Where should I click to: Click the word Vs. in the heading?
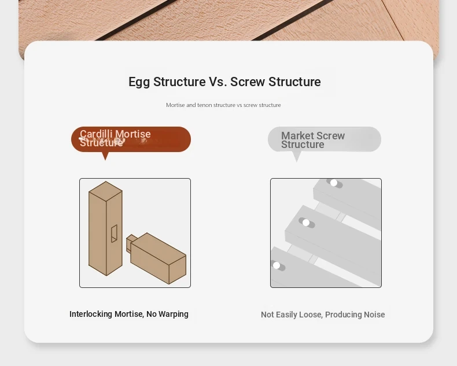(218, 82)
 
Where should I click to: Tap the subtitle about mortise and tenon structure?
(223, 105)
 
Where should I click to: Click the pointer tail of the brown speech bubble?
(105, 156)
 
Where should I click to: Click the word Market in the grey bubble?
(297, 135)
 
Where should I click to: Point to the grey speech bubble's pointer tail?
(296, 157)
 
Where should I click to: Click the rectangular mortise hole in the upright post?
(115, 234)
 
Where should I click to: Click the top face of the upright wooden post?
(105, 191)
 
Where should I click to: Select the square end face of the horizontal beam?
(178, 270)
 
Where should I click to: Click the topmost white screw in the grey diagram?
(334, 183)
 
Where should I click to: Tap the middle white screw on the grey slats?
(306, 223)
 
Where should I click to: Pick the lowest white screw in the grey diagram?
(277, 265)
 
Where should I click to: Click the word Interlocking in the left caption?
(91, 314)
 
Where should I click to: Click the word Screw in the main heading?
(248, 82)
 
